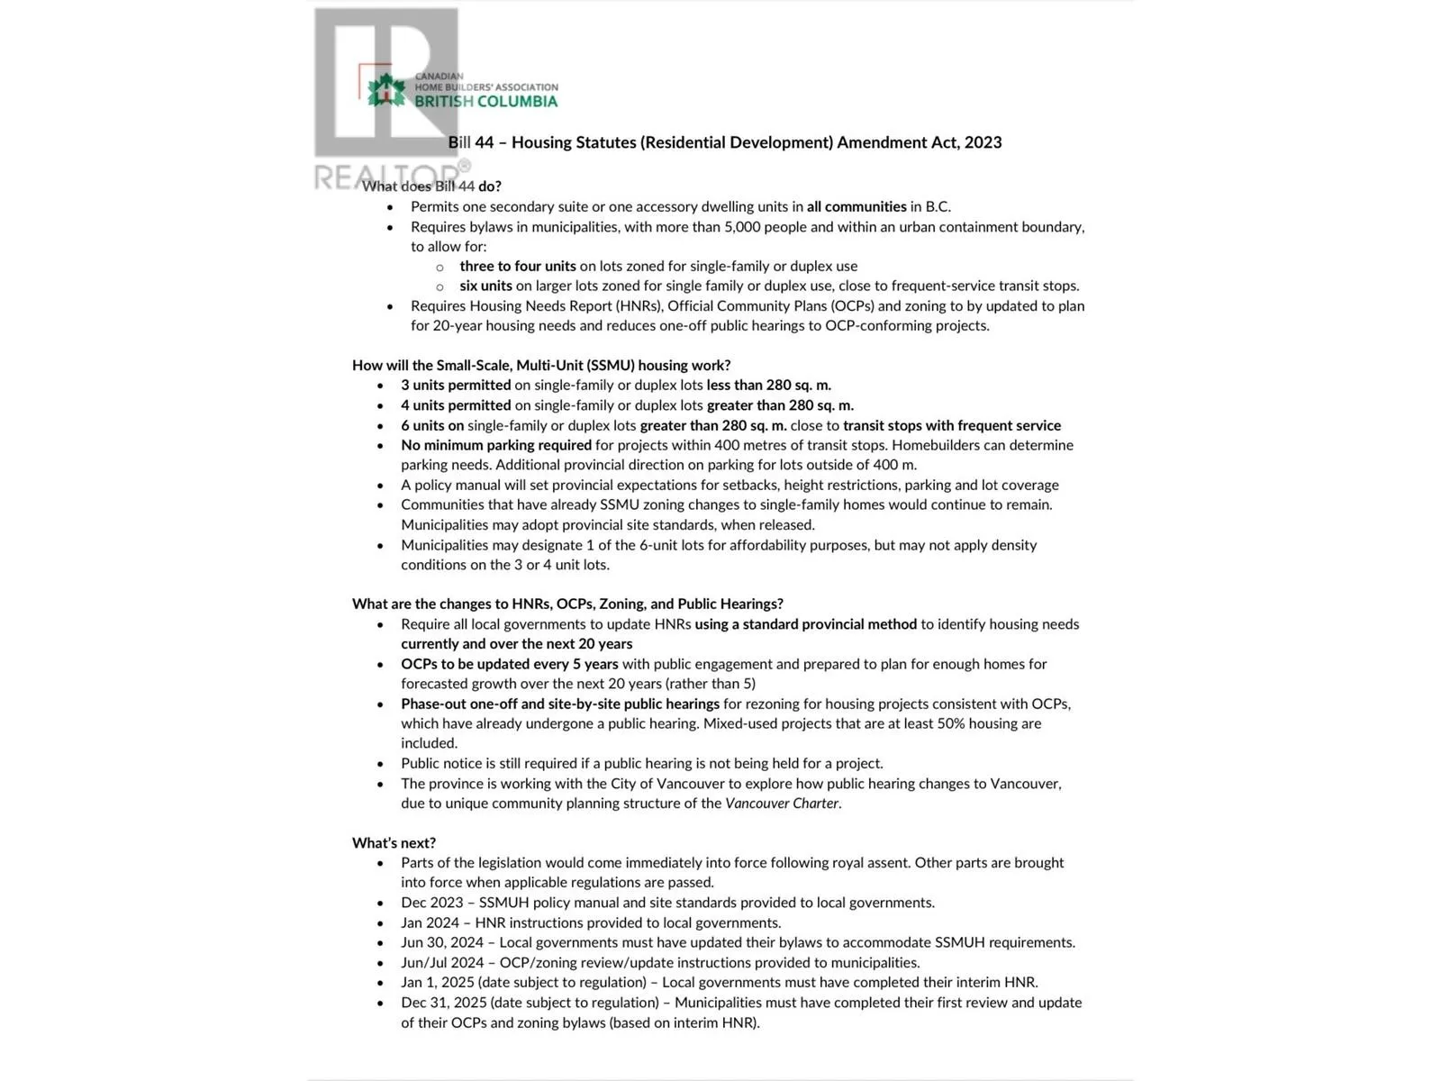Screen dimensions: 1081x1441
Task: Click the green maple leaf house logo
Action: [x=386, y=90]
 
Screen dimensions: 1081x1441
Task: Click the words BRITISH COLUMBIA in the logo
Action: [x=485, y=102]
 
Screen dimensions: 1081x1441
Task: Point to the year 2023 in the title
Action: [x=983, y=142]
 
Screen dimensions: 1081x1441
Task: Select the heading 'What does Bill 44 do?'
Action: [x=431, y=186]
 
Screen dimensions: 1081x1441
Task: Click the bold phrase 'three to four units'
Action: [x=517, y=266]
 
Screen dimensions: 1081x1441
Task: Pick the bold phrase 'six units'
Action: [x=485, y=286]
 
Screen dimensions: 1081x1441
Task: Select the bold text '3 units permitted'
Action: [x=456, y=385]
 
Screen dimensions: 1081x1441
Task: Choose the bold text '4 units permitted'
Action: [x=456, y=405]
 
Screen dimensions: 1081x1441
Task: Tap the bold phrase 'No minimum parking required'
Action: [x=496, y=445]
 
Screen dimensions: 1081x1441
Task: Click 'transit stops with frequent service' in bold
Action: [x=951, y=425]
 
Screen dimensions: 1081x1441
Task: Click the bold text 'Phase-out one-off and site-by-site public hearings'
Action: [x=560, y=704]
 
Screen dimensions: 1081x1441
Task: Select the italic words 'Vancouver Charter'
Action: [x=782, y=803]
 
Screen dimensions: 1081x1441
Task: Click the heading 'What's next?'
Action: [x=394, y=842]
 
